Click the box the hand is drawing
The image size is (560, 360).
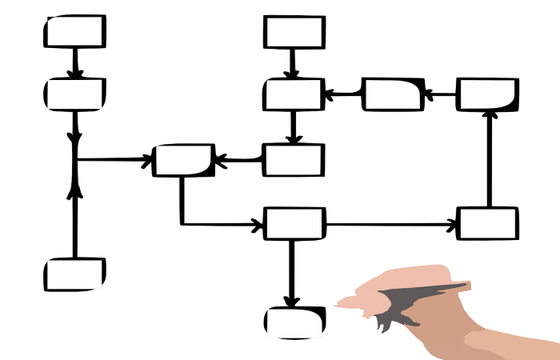[294, 322]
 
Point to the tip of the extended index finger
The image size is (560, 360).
[338, 304]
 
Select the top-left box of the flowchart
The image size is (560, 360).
[74, 32]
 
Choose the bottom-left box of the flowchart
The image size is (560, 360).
[74, 274]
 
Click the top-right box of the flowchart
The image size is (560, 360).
[487, 94]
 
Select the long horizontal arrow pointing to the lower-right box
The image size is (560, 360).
[392, 224]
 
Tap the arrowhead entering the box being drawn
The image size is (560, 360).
[292, 302]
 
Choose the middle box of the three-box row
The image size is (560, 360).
[392, 94]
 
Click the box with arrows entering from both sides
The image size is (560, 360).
[184, 160]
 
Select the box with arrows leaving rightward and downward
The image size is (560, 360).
[294, 224]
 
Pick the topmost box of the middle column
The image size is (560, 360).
[294, 32]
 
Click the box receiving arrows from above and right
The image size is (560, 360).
[294, 94]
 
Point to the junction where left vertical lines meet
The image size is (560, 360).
[75, 160]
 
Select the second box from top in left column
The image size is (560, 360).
[74, 94]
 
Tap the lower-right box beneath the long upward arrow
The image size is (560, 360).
[487, 224]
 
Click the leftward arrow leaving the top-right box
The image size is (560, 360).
[440, 94]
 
